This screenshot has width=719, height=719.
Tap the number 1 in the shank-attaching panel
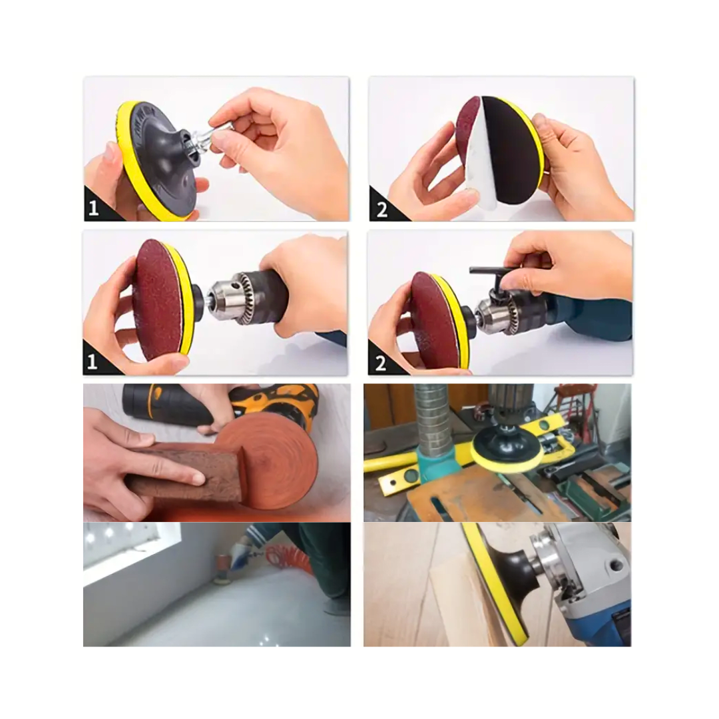pyautogui.click(x=94, y=208)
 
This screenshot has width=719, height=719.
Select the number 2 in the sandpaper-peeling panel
pyautogui.click(x=382, y=210)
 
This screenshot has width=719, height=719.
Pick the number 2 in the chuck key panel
pyautogui.click(x=381, y=363)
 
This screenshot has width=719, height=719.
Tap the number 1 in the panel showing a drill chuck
pyautogui.click(x=93, y=362)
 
